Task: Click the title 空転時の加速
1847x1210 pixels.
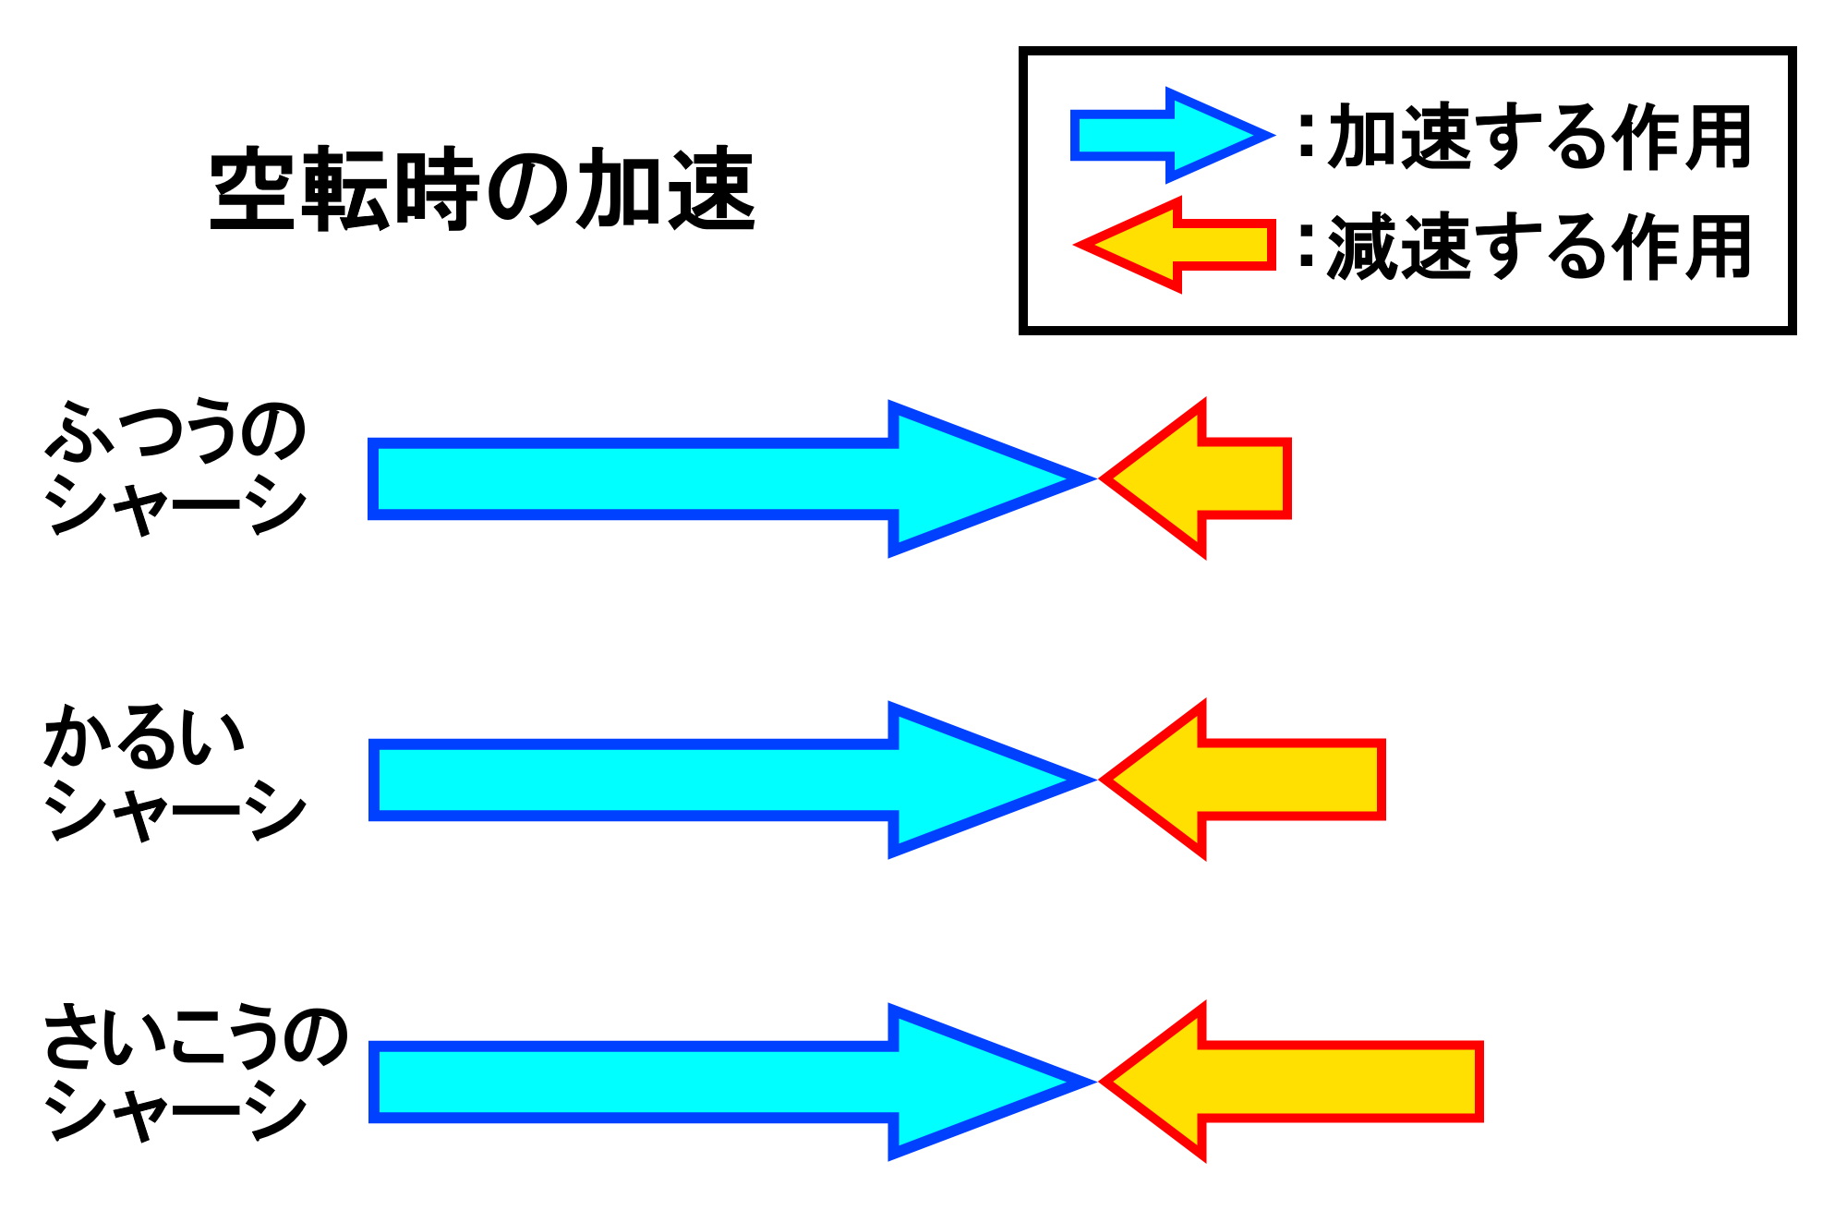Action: pos(483,189)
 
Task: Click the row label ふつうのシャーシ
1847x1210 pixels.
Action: pos(175,466)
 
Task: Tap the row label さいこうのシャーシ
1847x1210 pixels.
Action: pos(194,1071)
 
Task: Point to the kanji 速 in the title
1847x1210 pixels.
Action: pos(712,189)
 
